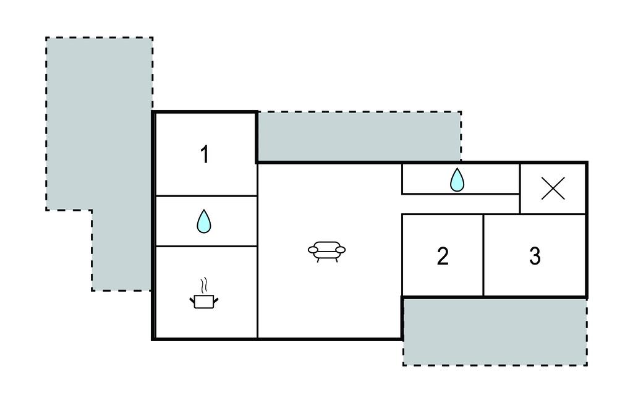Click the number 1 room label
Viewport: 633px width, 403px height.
(x=205, y=155)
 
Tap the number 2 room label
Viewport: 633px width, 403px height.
(x=443, y=256)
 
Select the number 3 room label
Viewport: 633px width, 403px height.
(x=535, y=256)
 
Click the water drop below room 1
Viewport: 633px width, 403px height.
(x=203, y=221)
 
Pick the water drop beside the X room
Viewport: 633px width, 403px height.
(x=457, y=180)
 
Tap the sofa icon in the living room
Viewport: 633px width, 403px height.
(x=326, y=250)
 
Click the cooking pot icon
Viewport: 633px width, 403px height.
(x=203, y=301)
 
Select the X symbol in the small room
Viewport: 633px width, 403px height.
(x=553, y=189)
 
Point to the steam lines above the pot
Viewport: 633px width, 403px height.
(x=203, y=286)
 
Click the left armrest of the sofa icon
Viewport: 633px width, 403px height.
(x=313, y=249)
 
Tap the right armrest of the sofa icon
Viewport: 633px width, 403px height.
(x=340, y=249)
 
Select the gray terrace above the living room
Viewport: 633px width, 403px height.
(x=359, y=137)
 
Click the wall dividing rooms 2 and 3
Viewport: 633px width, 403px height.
(x=483, y=256)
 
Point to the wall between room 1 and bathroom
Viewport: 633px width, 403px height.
(x=205, y=196)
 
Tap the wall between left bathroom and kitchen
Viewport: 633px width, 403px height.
(x=205, y=246)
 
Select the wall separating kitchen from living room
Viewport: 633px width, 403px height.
(x=257, y=291)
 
